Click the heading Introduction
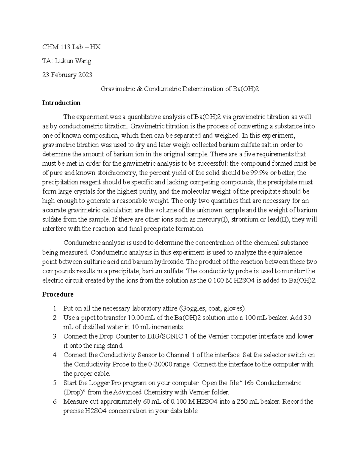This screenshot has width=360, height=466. (61, 103)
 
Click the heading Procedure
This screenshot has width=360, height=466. (58, 294)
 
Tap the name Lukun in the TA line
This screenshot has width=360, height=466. (64, 61)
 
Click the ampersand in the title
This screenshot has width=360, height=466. (139, 89)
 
